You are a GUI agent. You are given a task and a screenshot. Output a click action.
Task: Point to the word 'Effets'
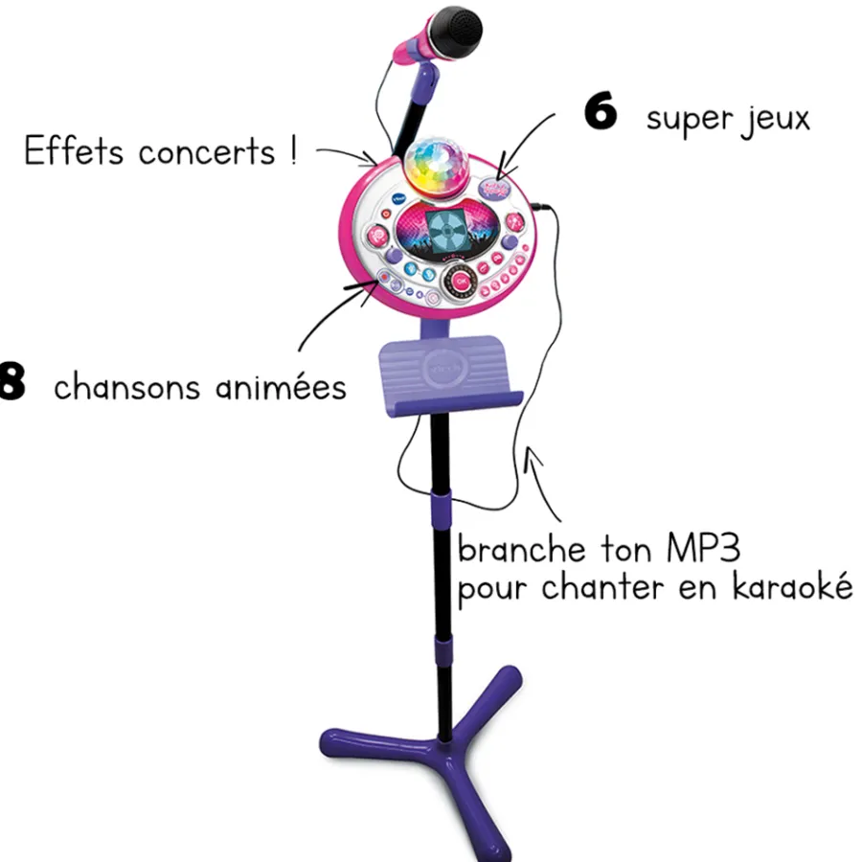78,152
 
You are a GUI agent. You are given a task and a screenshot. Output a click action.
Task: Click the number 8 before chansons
11,385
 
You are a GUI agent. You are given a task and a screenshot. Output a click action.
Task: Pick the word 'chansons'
127,387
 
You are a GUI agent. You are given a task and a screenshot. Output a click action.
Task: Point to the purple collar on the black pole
442,502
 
